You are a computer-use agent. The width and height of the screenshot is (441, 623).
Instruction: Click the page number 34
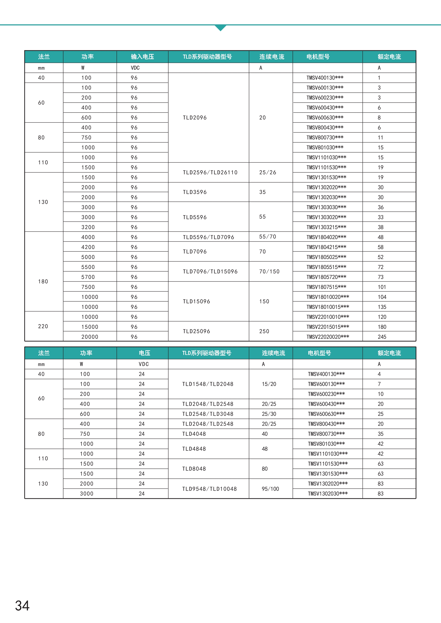point(22,606)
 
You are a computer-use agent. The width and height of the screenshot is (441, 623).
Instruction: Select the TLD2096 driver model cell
point(195,117)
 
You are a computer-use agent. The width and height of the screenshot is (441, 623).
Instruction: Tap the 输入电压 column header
point(142,57)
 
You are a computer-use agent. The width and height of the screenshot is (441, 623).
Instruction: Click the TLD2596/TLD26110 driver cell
point(210,172)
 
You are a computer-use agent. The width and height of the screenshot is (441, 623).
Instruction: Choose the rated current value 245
point(382,337)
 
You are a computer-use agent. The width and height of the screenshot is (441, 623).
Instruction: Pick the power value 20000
point(90,337)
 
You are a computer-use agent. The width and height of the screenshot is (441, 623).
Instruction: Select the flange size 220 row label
point(43,326)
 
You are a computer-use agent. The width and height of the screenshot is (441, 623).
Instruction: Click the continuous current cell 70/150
point(269,271)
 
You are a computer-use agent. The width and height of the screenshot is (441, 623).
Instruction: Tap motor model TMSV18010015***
point(328,307)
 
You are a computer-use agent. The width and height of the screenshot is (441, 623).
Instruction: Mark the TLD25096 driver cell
point(196,331)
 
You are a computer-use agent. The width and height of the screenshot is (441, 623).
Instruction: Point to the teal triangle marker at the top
point(220,28)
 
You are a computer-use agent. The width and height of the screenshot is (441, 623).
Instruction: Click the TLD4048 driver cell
point(194,434)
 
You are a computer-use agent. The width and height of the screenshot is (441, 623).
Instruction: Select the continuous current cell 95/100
point(270,489)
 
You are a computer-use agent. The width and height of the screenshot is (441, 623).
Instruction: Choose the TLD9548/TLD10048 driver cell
point(209,489)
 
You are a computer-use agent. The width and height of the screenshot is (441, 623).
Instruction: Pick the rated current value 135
point(382,307)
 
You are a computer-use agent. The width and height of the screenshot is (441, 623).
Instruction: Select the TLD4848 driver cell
point(194,449)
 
